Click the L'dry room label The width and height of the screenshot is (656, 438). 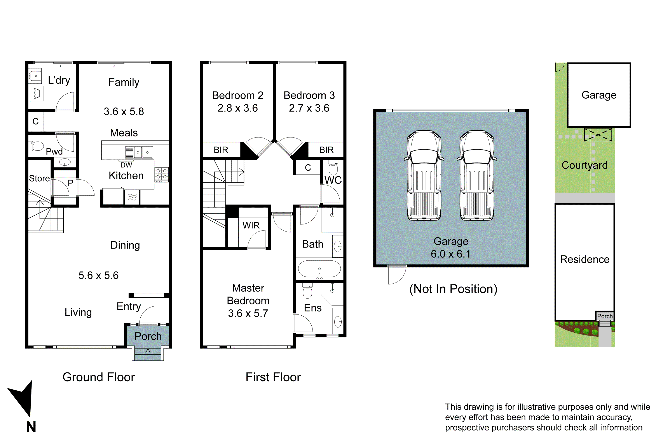[59, 80]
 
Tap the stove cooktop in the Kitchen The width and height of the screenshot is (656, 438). [162, 174]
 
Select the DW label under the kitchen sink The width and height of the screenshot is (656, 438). [126, 165]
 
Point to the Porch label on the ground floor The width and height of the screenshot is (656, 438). [148, 336]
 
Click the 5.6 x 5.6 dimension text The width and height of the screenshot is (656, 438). [98, 276]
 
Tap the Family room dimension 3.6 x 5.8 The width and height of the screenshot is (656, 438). [124, 111]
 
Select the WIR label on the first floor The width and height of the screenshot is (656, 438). [251, 225]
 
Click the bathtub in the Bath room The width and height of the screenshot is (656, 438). [319, 269]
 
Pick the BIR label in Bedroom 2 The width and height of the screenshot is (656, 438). [221, 150]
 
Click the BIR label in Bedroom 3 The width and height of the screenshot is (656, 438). [326, 150]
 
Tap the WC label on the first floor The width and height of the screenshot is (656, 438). [333, 180]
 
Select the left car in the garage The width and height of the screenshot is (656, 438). [424, 175]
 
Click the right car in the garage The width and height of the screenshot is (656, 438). [477, 175]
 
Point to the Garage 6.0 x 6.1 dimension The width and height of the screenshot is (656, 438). [451, 254]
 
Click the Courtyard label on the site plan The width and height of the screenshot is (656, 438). [584, 165]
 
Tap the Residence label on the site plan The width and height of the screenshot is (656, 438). [584, 259]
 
